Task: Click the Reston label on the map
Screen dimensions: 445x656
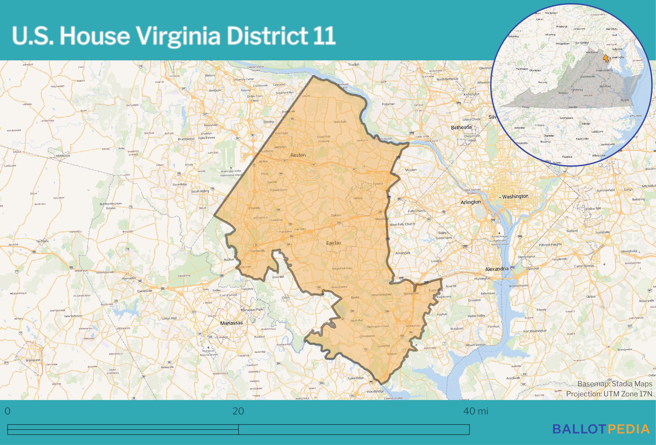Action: coord(298,155)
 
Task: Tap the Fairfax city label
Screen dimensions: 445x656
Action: coord(333,243)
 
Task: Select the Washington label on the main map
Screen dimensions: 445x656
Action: coord(515,196)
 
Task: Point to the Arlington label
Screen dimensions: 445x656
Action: coord(470,202)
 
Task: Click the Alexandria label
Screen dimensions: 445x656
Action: coord(497,269)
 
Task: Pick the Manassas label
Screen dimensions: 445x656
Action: coord(232,323)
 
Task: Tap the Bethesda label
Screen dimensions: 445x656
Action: coord(461,127)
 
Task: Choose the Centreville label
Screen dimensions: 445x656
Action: coord(258,251)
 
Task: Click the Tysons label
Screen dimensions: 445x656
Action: coord(378,184)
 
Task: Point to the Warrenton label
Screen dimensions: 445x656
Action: coord(33,360)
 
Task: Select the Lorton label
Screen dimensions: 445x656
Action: coord(392,354)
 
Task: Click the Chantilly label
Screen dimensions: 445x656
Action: coord(254,208)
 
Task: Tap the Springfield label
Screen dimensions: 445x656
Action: coord(411,293)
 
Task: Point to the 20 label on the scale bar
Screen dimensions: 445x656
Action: coord(238,411)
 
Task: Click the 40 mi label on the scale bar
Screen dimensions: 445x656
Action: coord(476,411)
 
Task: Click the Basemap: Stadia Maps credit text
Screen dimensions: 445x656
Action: coord(615,384)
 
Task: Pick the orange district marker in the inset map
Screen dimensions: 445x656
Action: coord(606,58)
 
